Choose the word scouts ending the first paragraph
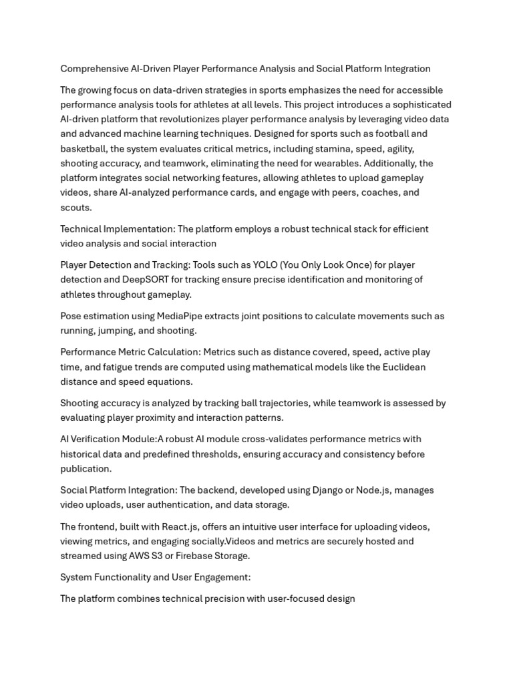tap(75, 207)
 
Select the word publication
tap(85, 469)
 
